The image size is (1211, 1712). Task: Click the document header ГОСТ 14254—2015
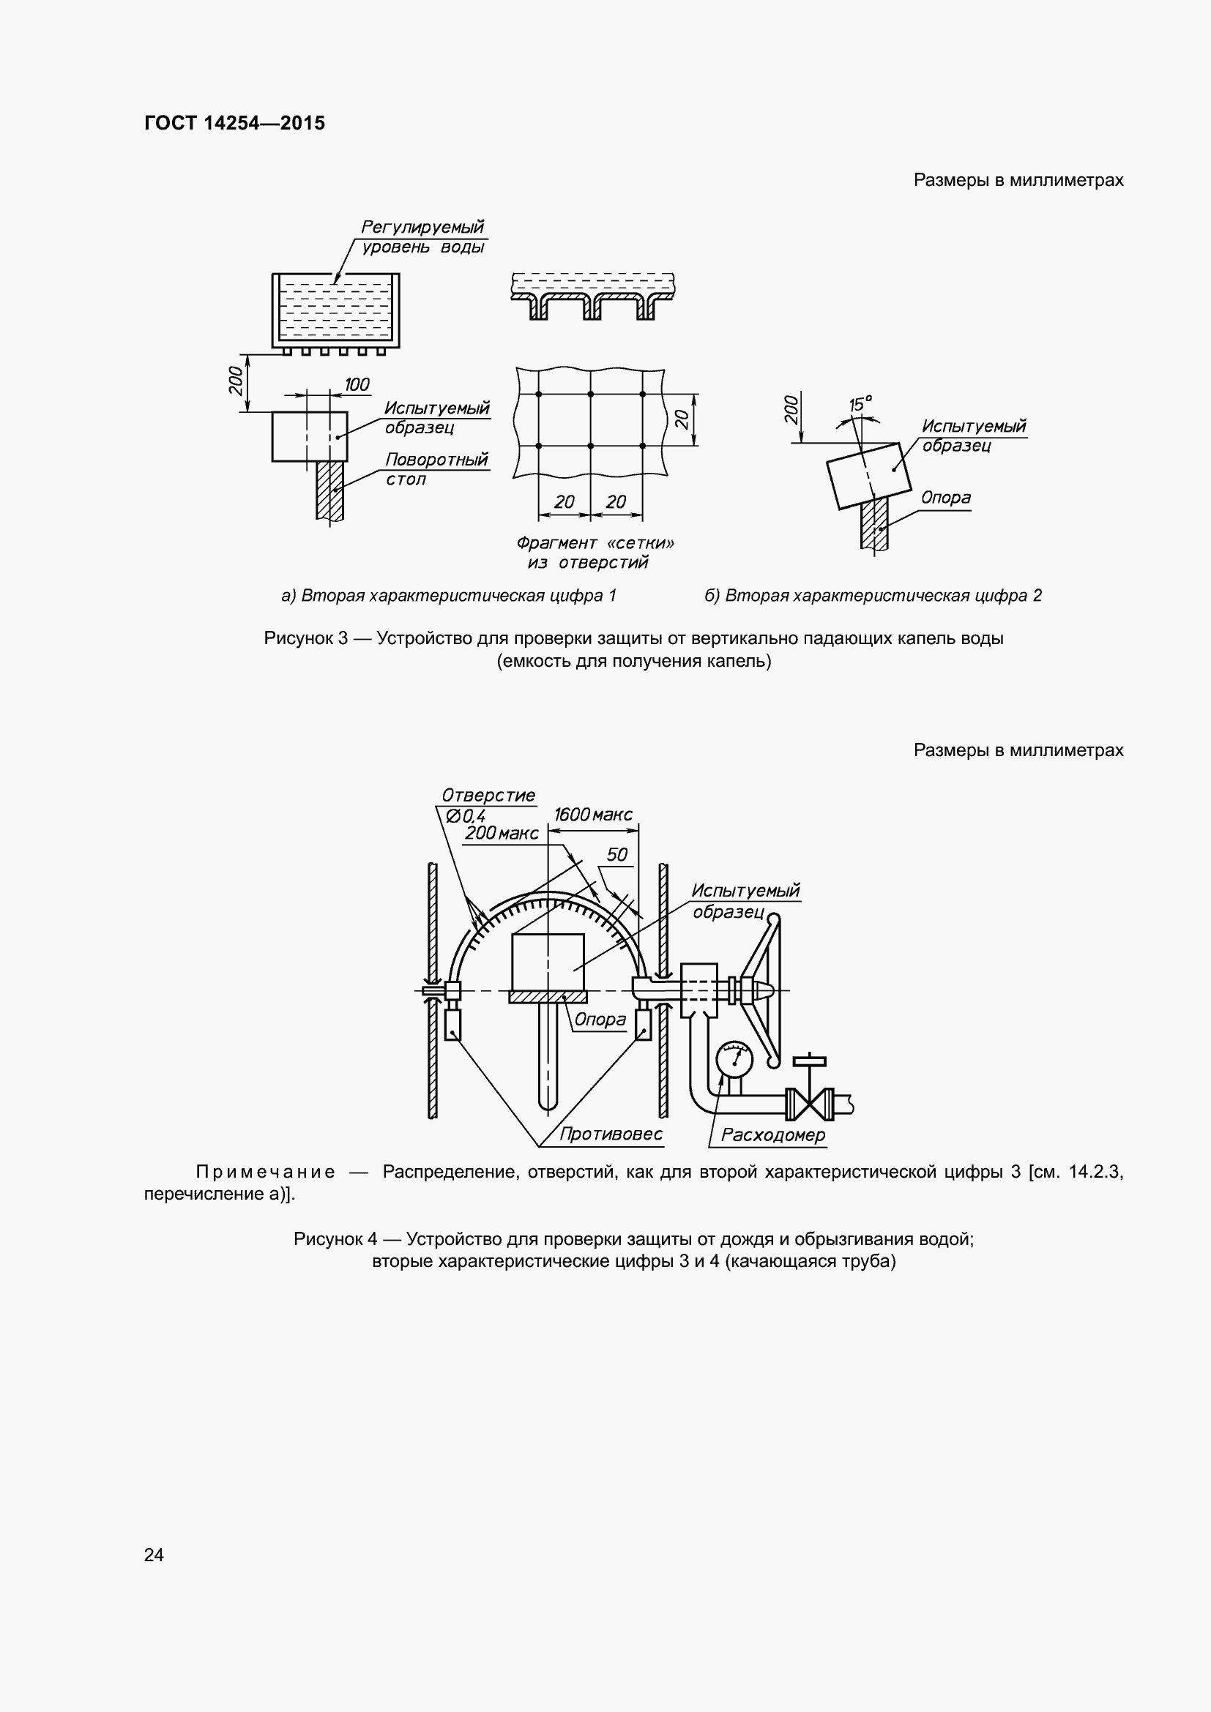234,123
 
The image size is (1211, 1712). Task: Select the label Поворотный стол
436,469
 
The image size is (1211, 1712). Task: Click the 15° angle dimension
860,405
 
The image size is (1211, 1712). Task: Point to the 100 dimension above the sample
357,385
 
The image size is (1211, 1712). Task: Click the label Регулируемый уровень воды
422,236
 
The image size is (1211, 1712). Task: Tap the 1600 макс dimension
593,814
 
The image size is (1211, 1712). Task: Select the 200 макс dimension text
501,834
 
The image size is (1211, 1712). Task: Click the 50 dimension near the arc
616,854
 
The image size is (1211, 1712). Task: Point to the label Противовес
611,1134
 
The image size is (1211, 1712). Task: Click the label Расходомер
772,1135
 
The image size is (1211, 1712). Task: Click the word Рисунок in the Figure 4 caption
327,1239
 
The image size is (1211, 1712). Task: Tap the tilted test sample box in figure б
869,475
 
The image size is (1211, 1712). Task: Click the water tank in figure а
335,310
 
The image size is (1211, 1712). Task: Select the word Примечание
265,1172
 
